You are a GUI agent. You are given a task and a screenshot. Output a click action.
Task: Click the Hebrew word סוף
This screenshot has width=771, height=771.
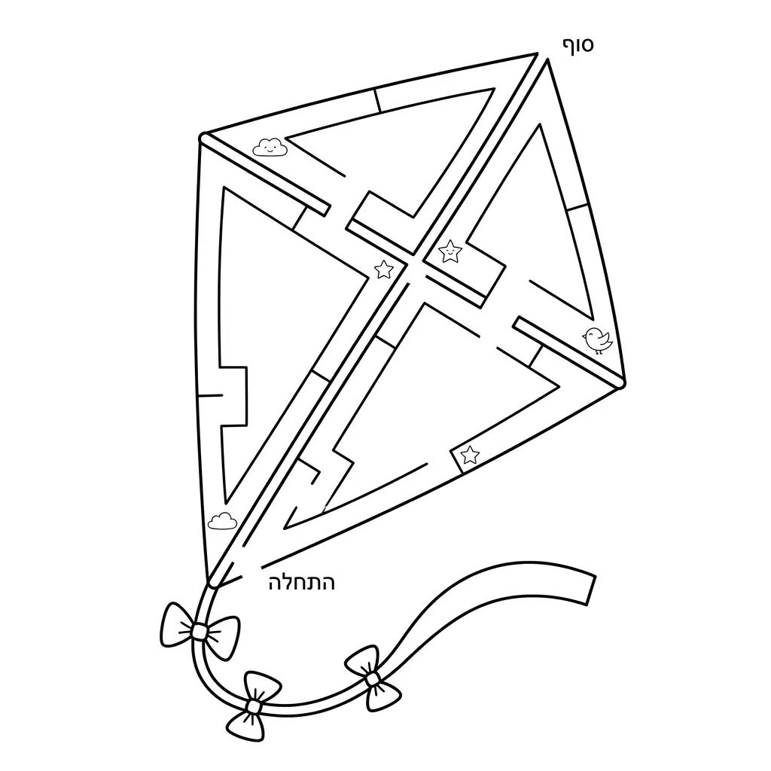click(578, 45)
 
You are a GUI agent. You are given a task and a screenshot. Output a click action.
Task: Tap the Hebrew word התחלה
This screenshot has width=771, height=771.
click(302, 584)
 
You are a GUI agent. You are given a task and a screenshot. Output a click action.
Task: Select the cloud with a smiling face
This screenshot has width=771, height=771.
click(270, 147)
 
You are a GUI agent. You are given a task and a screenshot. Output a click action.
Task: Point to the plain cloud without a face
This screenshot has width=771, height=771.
click(222, 521)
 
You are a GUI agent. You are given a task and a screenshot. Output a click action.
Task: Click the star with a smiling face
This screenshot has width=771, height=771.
click(450, 251)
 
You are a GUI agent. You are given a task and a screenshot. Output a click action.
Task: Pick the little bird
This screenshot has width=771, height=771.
click(597, 340)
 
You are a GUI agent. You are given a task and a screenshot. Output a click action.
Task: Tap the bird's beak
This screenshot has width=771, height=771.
click(584, 337)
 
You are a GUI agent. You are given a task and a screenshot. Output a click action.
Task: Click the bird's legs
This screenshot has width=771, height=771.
click(598, 351)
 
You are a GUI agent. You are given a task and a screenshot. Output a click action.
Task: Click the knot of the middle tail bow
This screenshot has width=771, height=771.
click(253, 706)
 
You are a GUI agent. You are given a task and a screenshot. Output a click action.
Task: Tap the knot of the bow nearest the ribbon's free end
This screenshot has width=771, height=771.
click(373, 679)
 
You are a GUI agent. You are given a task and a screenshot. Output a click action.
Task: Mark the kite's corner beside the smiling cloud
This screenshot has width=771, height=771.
click(203, 137)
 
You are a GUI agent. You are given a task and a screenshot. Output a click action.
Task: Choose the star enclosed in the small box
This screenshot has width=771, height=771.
click(470, 455)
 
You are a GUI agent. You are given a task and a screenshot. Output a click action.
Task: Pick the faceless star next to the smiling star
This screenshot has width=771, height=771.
click(384, 270)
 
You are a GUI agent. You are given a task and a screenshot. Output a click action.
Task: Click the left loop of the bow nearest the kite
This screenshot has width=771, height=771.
click(175, 624)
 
